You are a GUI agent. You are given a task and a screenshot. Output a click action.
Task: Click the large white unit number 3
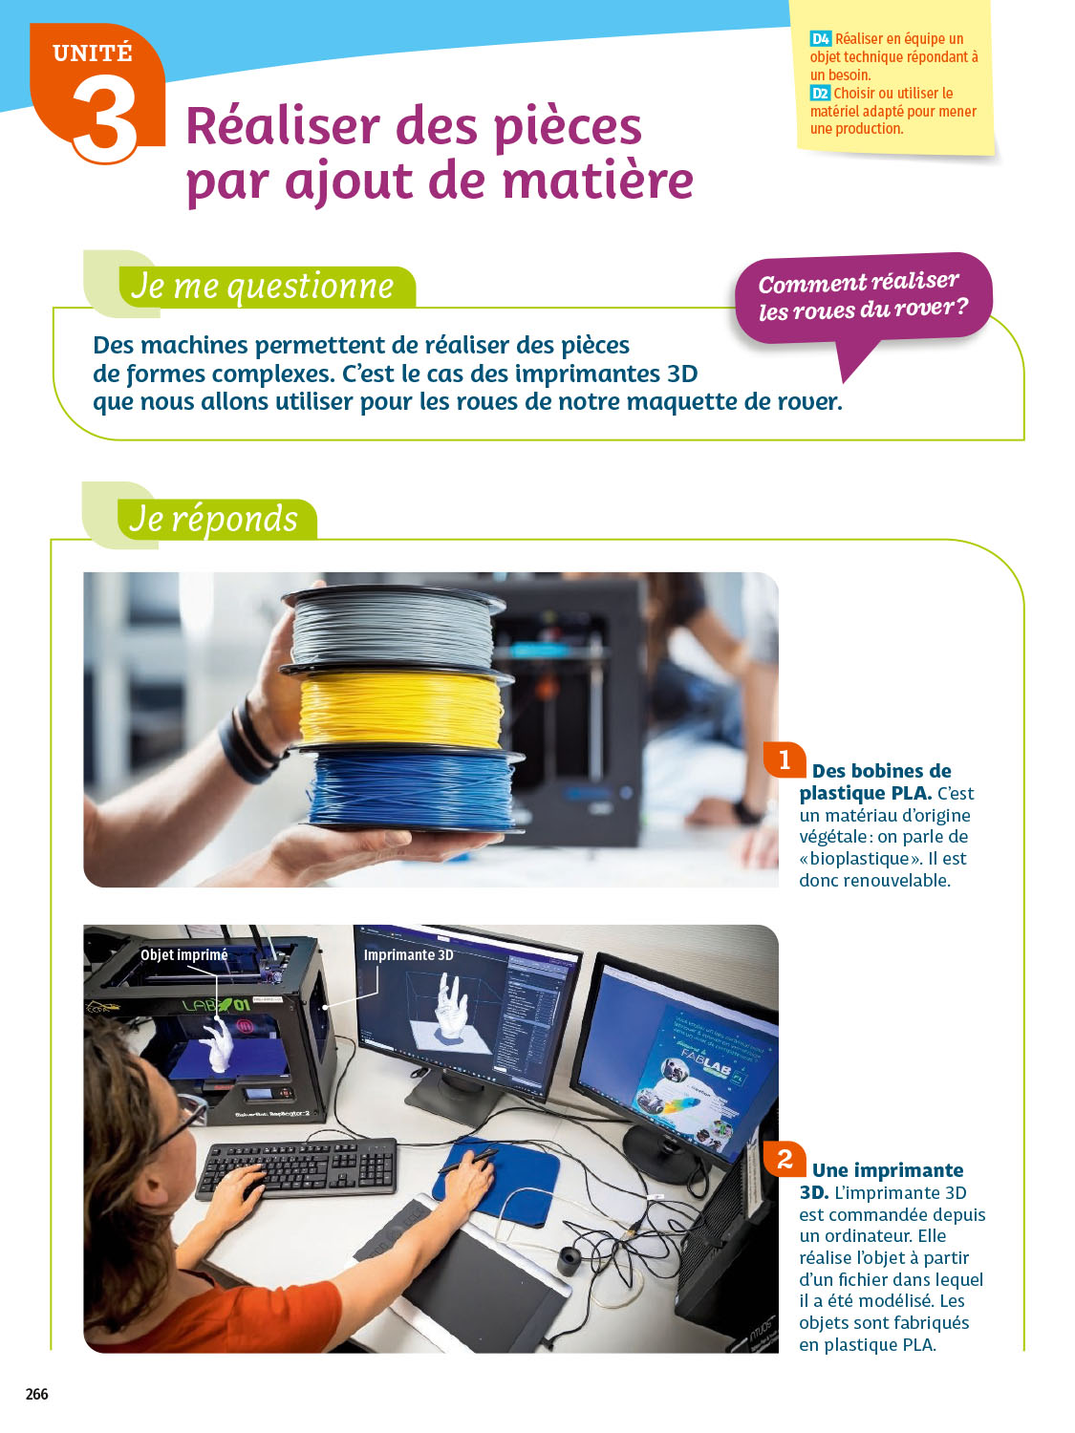pos(104,117)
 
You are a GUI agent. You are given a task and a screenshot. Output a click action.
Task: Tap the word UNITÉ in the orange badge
pos(93,53)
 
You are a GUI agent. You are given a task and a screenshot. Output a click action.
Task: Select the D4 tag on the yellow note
pos(821,38)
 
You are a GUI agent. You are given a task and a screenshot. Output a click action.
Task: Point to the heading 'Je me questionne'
pos(263,287)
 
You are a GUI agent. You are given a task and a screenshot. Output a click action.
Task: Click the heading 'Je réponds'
pos(213,519)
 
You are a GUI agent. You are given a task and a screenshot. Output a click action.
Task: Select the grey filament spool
pos(395,628)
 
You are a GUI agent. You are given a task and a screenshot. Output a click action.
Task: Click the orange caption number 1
pos(784,759)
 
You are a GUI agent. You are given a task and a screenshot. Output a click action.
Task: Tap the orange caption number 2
pos(784,1159)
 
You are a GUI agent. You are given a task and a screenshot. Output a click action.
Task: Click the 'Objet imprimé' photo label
pos(184,955)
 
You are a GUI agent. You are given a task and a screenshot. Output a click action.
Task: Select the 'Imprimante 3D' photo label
pos(408,954)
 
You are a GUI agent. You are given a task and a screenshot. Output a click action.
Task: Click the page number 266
pos(36,1394)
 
